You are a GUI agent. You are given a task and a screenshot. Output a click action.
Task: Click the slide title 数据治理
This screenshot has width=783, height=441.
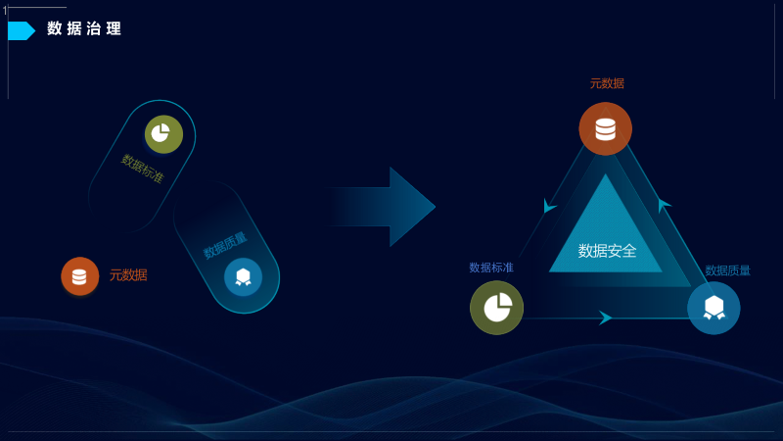click(84, 29)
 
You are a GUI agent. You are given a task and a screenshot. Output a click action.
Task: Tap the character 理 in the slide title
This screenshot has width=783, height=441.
click(115, 29)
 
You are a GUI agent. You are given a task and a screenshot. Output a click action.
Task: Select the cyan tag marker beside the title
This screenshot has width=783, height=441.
click(21, 30)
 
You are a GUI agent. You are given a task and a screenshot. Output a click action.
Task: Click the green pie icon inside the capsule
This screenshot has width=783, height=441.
click(163, 134)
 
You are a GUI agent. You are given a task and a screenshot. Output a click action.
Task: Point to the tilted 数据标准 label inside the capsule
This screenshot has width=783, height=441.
click(143, 168)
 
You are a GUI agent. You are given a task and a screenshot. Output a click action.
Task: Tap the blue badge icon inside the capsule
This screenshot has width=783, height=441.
click(243, 277)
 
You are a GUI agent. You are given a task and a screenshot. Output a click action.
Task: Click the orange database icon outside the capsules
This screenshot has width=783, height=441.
click(79, 276)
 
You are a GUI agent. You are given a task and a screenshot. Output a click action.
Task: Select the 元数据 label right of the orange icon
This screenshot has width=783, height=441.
click(128, 275)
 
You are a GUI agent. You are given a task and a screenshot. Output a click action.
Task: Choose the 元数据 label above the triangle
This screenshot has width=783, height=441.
click(607, 83)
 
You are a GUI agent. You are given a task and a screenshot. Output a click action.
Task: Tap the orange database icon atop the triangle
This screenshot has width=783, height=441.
click(605, 128)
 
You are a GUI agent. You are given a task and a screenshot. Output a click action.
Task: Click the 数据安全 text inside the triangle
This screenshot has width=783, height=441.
click(607, 251)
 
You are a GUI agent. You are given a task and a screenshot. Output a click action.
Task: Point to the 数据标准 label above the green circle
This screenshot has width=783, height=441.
click(491, 268)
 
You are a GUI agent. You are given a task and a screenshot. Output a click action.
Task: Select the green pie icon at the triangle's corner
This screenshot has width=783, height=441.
click(496, 308)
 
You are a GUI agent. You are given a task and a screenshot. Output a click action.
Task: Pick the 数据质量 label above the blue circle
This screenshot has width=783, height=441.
click(728, 270)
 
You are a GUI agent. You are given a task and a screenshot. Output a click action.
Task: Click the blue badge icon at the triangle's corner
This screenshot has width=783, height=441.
click(714, 308)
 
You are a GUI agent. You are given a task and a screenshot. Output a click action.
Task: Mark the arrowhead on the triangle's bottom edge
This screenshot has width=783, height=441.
click(605, 318)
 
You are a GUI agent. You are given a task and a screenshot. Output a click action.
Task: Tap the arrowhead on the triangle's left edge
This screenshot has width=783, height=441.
click(549, 206)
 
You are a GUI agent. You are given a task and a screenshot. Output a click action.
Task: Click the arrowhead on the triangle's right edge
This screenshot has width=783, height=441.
click(664, 205)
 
